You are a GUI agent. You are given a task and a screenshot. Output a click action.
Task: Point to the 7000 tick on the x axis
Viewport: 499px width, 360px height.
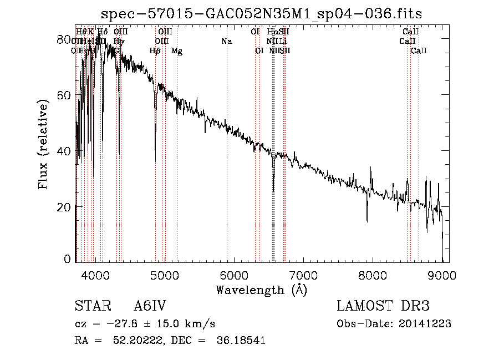point(303,275)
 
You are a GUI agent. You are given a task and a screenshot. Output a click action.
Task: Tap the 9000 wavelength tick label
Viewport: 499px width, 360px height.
point(442,275)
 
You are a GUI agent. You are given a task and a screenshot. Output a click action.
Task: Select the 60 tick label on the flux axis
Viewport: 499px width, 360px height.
point(64,95)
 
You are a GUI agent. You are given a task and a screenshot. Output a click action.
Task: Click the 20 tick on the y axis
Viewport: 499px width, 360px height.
point(64,207)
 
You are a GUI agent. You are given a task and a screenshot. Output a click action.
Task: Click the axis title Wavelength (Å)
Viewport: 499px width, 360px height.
point(261,290)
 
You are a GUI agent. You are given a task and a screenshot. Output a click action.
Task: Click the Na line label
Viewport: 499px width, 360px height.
point(226,41)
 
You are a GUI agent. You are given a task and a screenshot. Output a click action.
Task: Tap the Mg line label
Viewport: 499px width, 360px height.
point(176,51)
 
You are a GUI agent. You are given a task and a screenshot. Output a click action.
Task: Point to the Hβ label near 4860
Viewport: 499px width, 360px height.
point(155,51)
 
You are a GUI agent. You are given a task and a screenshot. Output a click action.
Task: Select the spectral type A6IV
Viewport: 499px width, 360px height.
point(150,307)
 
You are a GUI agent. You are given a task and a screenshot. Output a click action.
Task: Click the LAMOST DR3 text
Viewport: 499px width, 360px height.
point(383,307)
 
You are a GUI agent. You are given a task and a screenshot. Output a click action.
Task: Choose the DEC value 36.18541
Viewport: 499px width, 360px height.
point(240,341)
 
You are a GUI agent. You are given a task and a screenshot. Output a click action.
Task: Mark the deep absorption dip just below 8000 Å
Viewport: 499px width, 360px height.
point(366,221)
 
